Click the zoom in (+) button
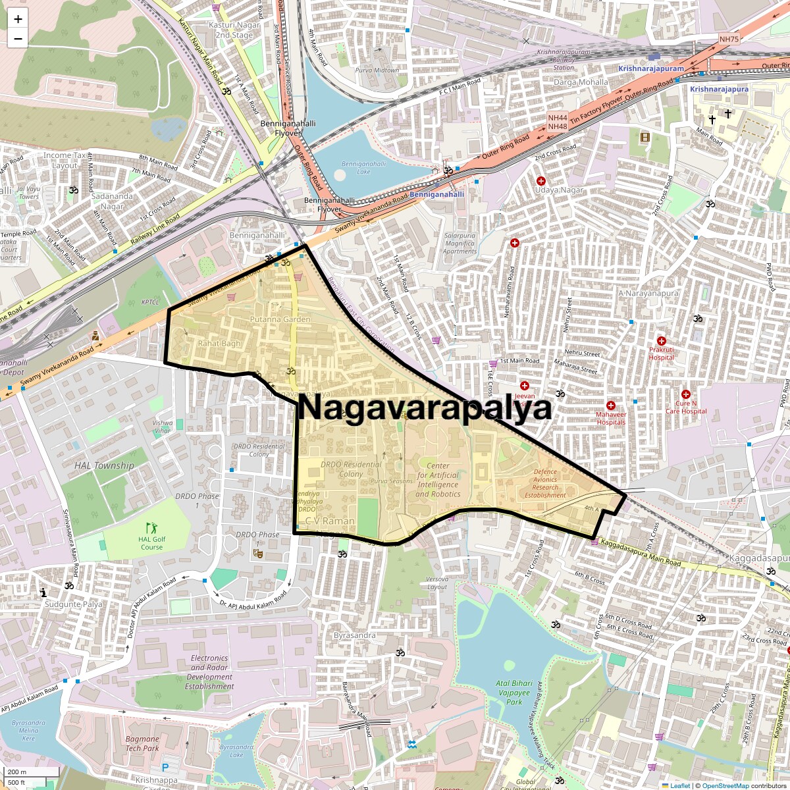tap(18, 19)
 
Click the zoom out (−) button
tap(18, 38)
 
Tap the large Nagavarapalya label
tap(425, 408)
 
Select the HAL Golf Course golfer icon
tap(152, 527)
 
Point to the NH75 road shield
tap(729, 39)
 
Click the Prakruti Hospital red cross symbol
tap(662, 341)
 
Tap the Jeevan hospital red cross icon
tap(525, 386)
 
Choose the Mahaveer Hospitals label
tap(611, 418)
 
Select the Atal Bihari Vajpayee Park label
tap(514, 693)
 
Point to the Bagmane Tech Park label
tap(142, 743)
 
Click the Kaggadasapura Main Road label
tap(641, 554)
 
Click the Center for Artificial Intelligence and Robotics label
tap(438, 480)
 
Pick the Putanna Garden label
tap(280, 319)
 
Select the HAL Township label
tap(104, 465)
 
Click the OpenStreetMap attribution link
tap(725, 785)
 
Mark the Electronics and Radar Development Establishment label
tap(209, 672)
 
